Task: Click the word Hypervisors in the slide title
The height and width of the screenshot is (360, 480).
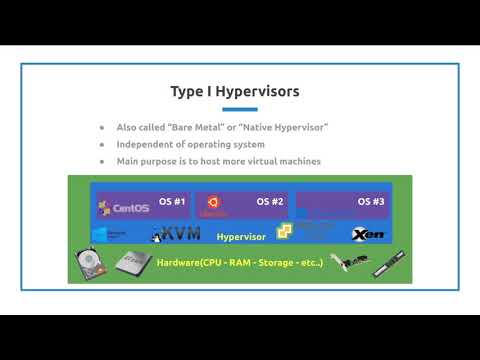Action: pyautogui.click(x=257, y=92)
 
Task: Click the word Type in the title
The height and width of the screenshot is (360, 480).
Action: pyautogui.click(x=187, y=92)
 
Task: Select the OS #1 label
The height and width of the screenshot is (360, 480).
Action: pyautogui.click(x=173, y=202)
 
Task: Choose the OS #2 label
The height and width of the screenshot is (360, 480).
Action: pyautogui.click(x=270, y=202)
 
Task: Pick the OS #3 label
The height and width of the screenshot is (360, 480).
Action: pyautogui.click(x=370, y=202)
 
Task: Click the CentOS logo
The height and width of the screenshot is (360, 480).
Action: pyautogui.click(x=123, y=208)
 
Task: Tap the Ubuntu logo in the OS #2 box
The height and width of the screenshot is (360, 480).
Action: pyautogui.click(x=212, y=204)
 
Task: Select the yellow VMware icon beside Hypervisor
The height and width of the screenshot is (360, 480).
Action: pyautogui.click(x=284, y=232)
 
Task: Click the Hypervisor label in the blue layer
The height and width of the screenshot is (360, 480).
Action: pyautogui.click(x=239, y=237)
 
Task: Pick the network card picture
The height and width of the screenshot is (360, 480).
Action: pyautogui.click(x=346, y=262)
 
